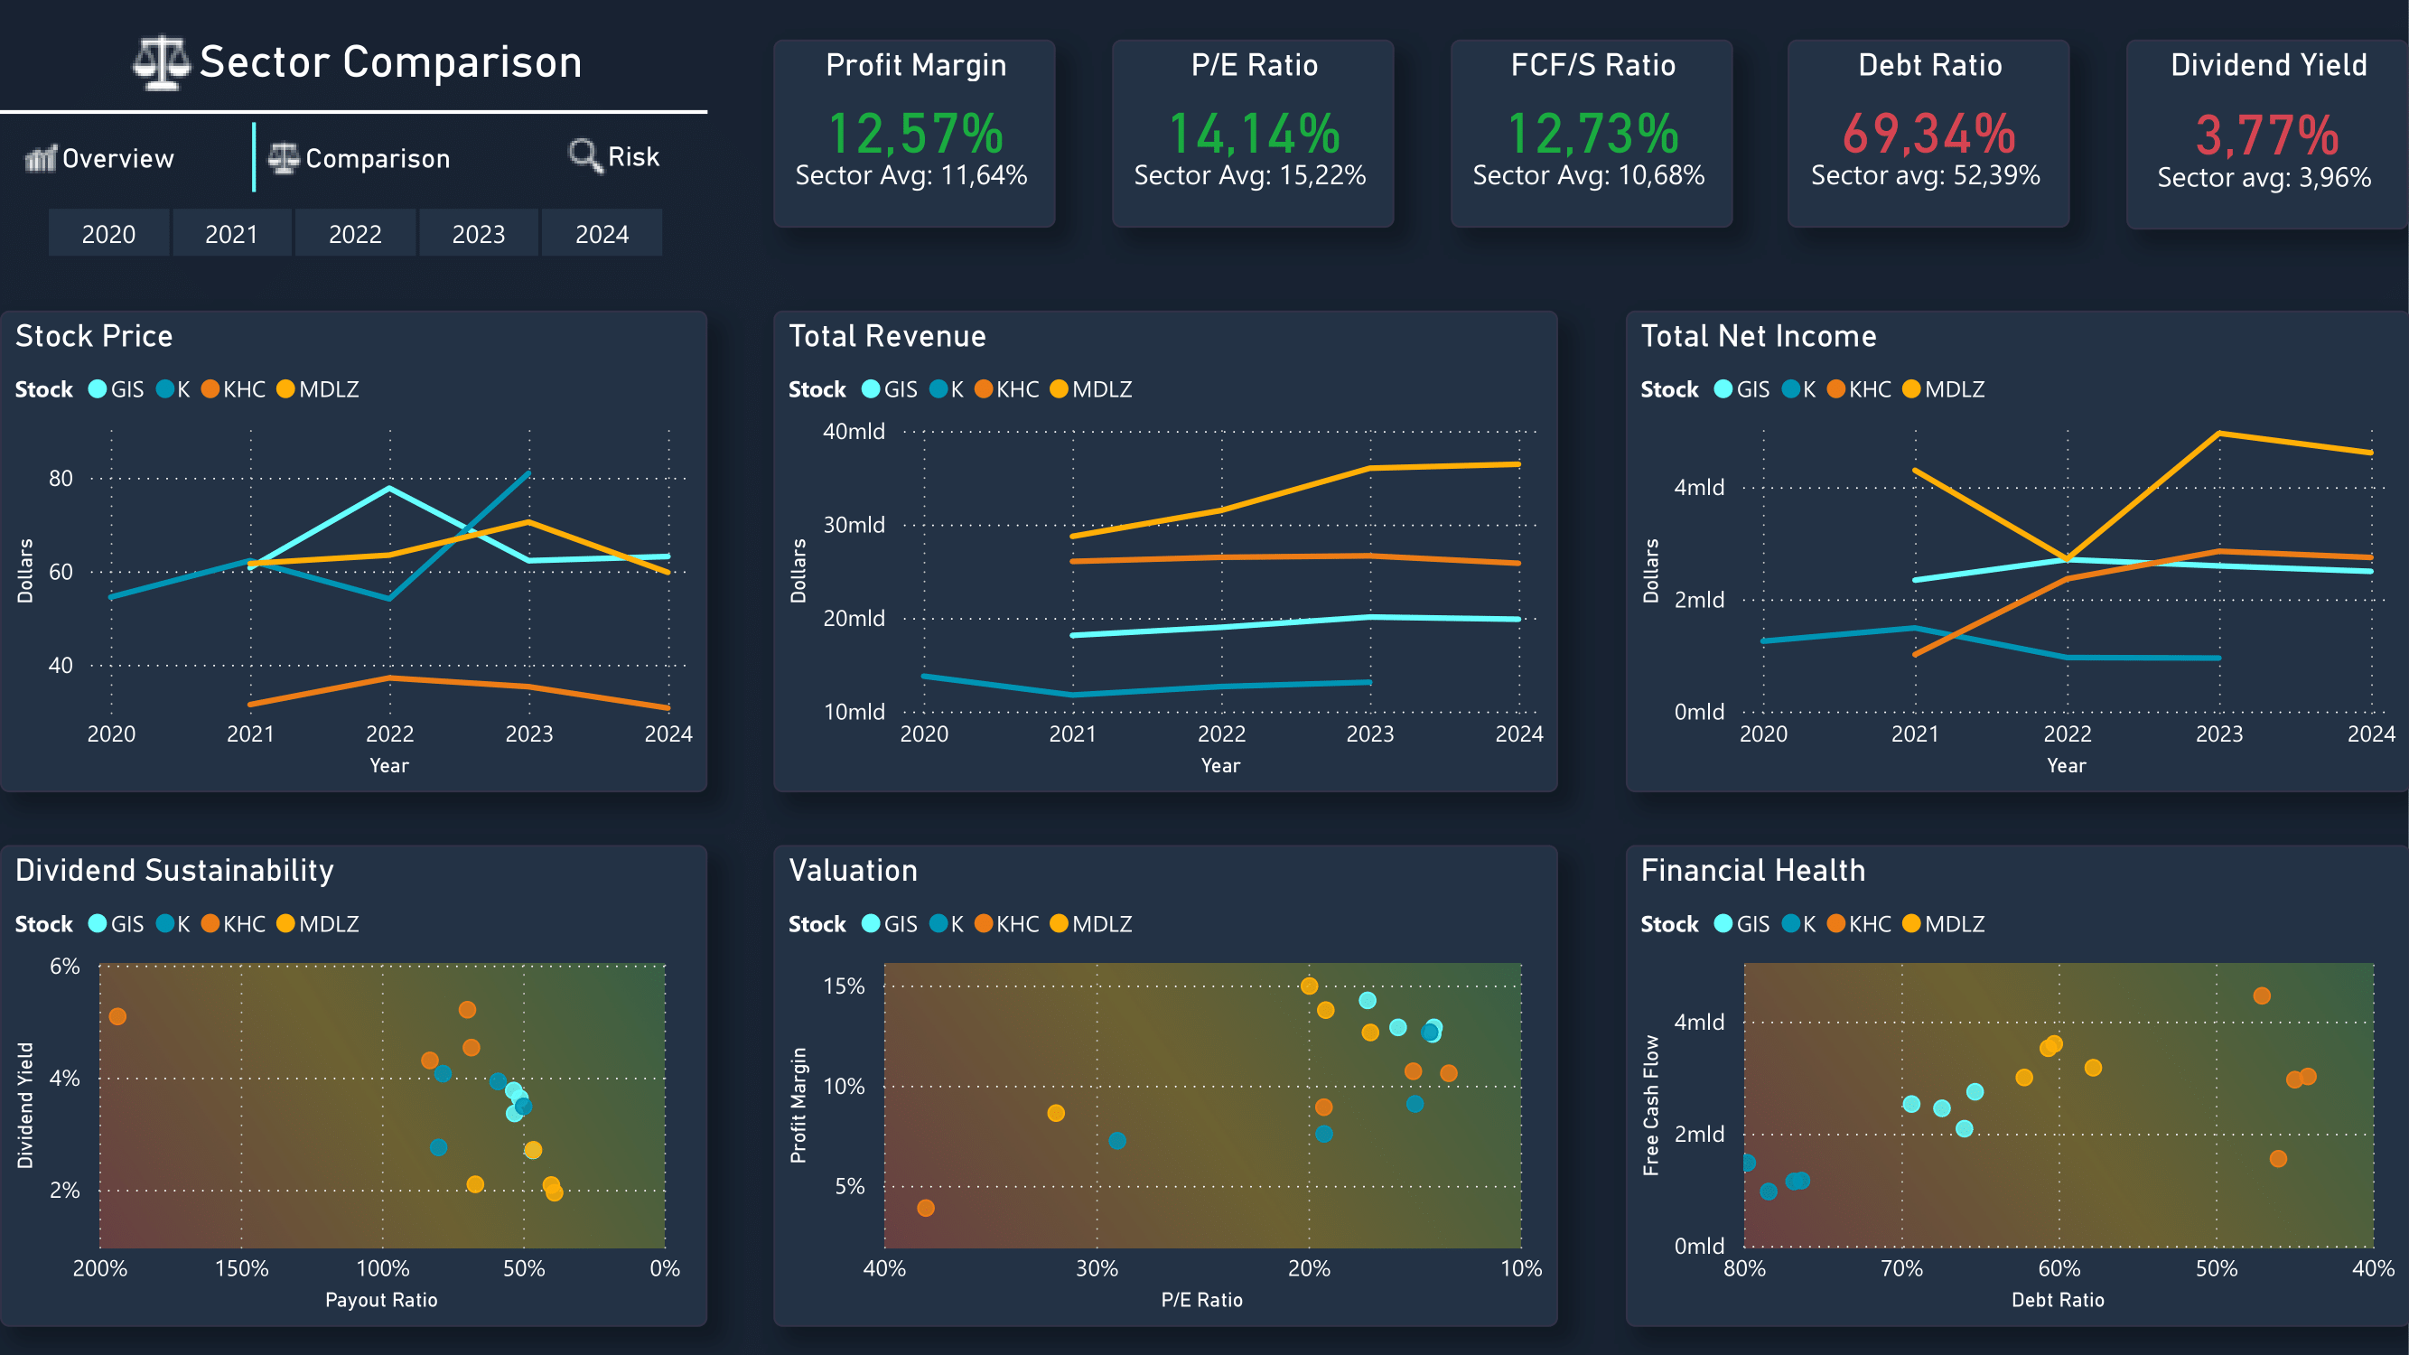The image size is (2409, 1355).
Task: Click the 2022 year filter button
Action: click(x=355, y=234)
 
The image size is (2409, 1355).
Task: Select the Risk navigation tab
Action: click(x=614, y=156)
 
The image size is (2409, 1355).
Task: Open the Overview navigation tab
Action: click(x=100, y=158)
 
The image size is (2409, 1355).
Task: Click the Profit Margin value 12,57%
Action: click(x=915, y=133)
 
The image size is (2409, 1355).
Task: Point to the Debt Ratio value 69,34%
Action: click(x=1928, y=133)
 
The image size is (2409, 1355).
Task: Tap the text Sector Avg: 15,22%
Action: click(x=1249, y=175)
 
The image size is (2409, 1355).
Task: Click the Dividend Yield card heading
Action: click(x=2268, y=64)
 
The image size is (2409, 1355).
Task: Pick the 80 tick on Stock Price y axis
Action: click(x=61, y=479)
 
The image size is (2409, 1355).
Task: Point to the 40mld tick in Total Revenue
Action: click(x=853, y=431)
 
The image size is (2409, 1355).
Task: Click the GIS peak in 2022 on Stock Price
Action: click(x=389, y=488)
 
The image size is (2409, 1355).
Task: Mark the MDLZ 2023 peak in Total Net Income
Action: click(x=2219, y=433)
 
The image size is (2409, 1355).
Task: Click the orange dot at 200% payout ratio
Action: click(x=117, y=1016)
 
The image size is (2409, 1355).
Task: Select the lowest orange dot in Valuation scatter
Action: click(x=926, y=1208)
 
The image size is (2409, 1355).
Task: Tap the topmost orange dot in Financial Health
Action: click(x=2261, y=995)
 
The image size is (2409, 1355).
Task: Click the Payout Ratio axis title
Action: click(x=380, y=1299)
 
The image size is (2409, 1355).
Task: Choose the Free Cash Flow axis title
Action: click(x=1650, y=1106)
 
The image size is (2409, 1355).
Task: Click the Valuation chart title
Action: click(x=853, y=870)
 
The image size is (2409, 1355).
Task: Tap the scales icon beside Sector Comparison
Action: click(x=159, y=62)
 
